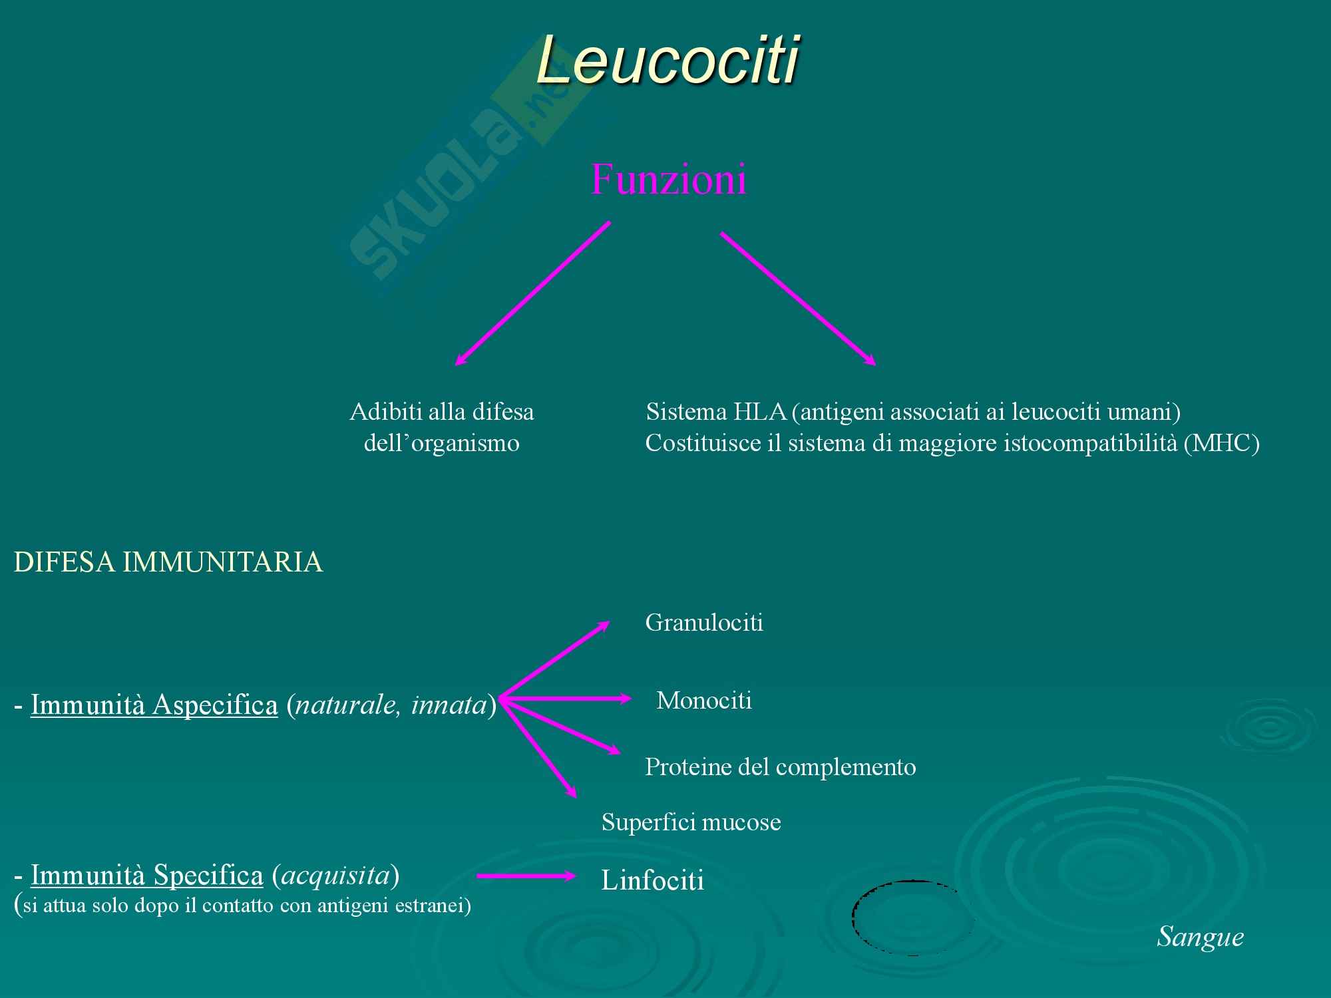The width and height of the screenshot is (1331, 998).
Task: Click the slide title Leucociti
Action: click(x=667, y=61)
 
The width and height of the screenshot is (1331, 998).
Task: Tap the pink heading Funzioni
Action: click(x=668, y=179)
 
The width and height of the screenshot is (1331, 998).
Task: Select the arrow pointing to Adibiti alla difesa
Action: click(x=532, y=293)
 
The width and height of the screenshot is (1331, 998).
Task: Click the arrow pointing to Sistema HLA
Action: click(x=797, y=298)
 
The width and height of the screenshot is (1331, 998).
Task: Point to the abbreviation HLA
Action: click(x=760, y=413)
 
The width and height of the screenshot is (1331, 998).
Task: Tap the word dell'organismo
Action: click(x=441, y=444)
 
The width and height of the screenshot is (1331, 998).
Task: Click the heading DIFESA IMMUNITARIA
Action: click(x=168, y=563)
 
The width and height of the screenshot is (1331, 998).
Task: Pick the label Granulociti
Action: click(x=704, y=623)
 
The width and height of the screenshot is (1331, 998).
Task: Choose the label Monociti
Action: click(x=704, y=701)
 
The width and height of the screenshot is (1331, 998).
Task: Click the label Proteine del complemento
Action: click(x=780, y=767)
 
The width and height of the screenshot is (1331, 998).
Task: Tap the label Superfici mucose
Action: click(x=691, y=822)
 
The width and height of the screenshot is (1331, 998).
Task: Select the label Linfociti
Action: click(x=652, y=881)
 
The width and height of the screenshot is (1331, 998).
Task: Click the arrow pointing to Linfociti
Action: click(x=526, y=876)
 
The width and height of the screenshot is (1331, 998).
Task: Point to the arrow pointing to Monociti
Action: click(x=566, y=699)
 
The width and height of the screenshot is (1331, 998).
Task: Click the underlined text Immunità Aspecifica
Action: click(x=154, y=705)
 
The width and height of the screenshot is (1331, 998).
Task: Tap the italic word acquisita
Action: click(x=335, y=876)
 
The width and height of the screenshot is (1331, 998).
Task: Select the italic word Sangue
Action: click(x=1201, y=937)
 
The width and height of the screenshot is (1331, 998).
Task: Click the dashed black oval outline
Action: click(x=854, y=918)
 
